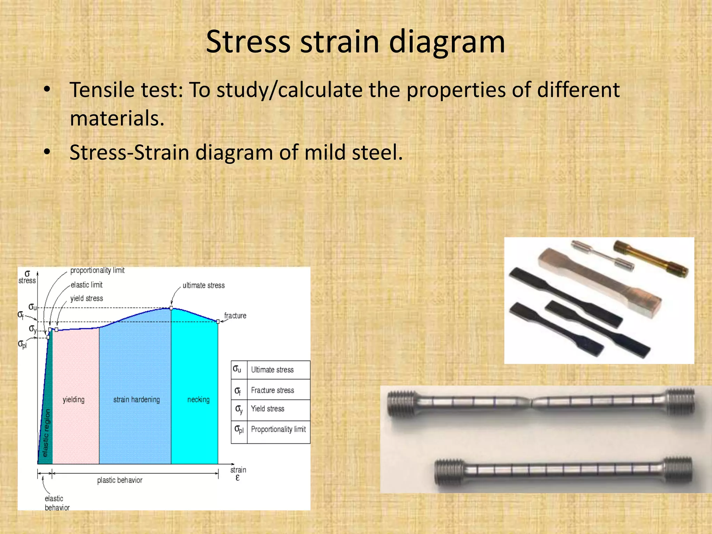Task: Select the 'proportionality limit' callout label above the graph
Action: (x=97, y=270)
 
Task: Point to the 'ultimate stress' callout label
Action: (x=204, y=285)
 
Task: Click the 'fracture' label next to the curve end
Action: (x=235, y=316)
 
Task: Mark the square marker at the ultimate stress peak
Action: (x=171, y=308)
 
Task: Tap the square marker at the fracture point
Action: (x=218, y=322)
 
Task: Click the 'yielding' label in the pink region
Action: (x=73, y=399)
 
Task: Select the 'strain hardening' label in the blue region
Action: (x=136, y=399)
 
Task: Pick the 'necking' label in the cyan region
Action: (x=199, y=399)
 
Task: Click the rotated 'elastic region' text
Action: (x=46, y=433)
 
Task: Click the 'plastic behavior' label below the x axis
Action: (x=120, y=480)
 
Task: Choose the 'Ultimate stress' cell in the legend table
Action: (x=272, y=370)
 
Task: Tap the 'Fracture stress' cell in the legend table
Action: (x=273, y=390)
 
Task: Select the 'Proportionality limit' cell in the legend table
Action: (x=278, y=429)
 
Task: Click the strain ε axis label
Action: (x=238, y=474)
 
